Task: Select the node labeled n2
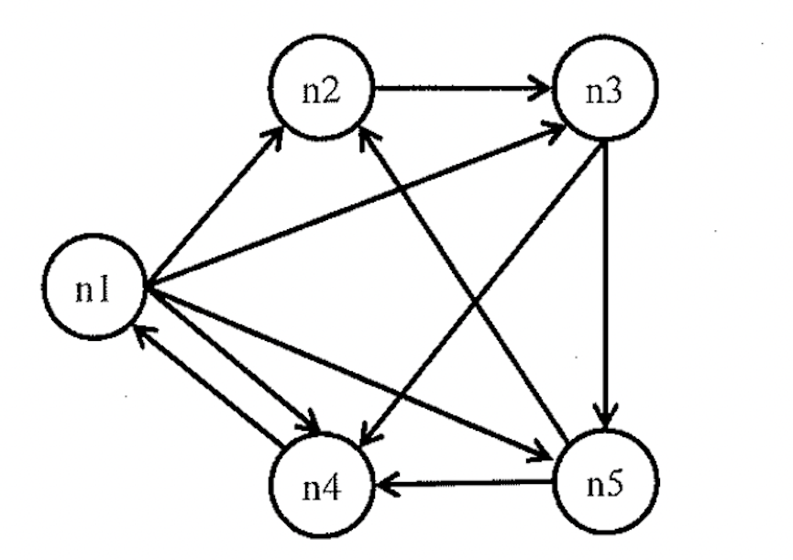click(x=321, y=93)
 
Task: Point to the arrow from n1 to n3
click(x=358, y=207)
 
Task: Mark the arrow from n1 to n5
click(x=348, y=368)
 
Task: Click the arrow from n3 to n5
click(x=602, y=275)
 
